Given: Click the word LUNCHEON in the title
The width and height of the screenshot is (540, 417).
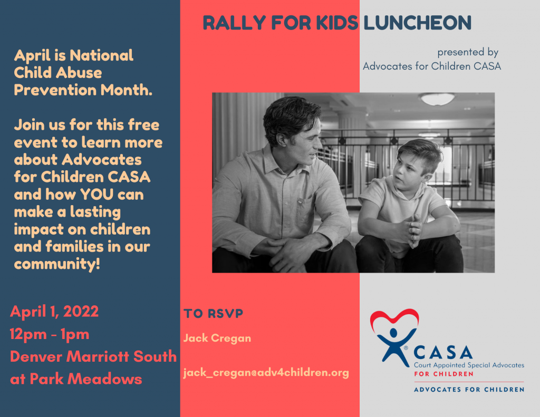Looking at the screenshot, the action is (x=418, y=23).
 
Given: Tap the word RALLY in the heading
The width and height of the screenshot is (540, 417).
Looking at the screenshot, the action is (x=234, y=23).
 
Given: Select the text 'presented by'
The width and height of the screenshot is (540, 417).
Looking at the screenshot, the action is (x=468, y=52).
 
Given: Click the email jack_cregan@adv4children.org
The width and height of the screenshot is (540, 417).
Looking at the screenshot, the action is (x=266, y=373).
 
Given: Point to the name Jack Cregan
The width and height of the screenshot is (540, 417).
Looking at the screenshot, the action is (x=217, y=338).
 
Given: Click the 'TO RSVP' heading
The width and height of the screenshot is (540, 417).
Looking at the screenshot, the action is (x=213, y=313).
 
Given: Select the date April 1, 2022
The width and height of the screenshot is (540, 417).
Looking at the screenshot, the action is (x=54, y=312).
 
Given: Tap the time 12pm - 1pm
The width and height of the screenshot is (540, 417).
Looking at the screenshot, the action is (x=50, y=334).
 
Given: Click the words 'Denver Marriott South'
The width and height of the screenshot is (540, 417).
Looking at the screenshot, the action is (x=93, y=356).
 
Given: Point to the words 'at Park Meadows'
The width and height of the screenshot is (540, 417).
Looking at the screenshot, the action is (x=76, y=379).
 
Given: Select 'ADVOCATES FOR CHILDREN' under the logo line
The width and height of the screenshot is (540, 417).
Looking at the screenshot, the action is (x=469, y=390).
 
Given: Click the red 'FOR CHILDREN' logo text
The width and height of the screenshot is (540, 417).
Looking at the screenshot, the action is (x=443, y=374).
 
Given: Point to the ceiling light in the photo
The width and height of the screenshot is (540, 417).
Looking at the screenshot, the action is (x=437, y=99).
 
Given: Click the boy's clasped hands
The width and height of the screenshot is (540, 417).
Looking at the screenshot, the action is (x=411, y=231).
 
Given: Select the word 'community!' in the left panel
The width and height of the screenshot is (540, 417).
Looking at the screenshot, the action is (x=57, y=264).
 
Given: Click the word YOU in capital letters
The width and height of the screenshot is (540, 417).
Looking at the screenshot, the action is (x=97, y=195).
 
